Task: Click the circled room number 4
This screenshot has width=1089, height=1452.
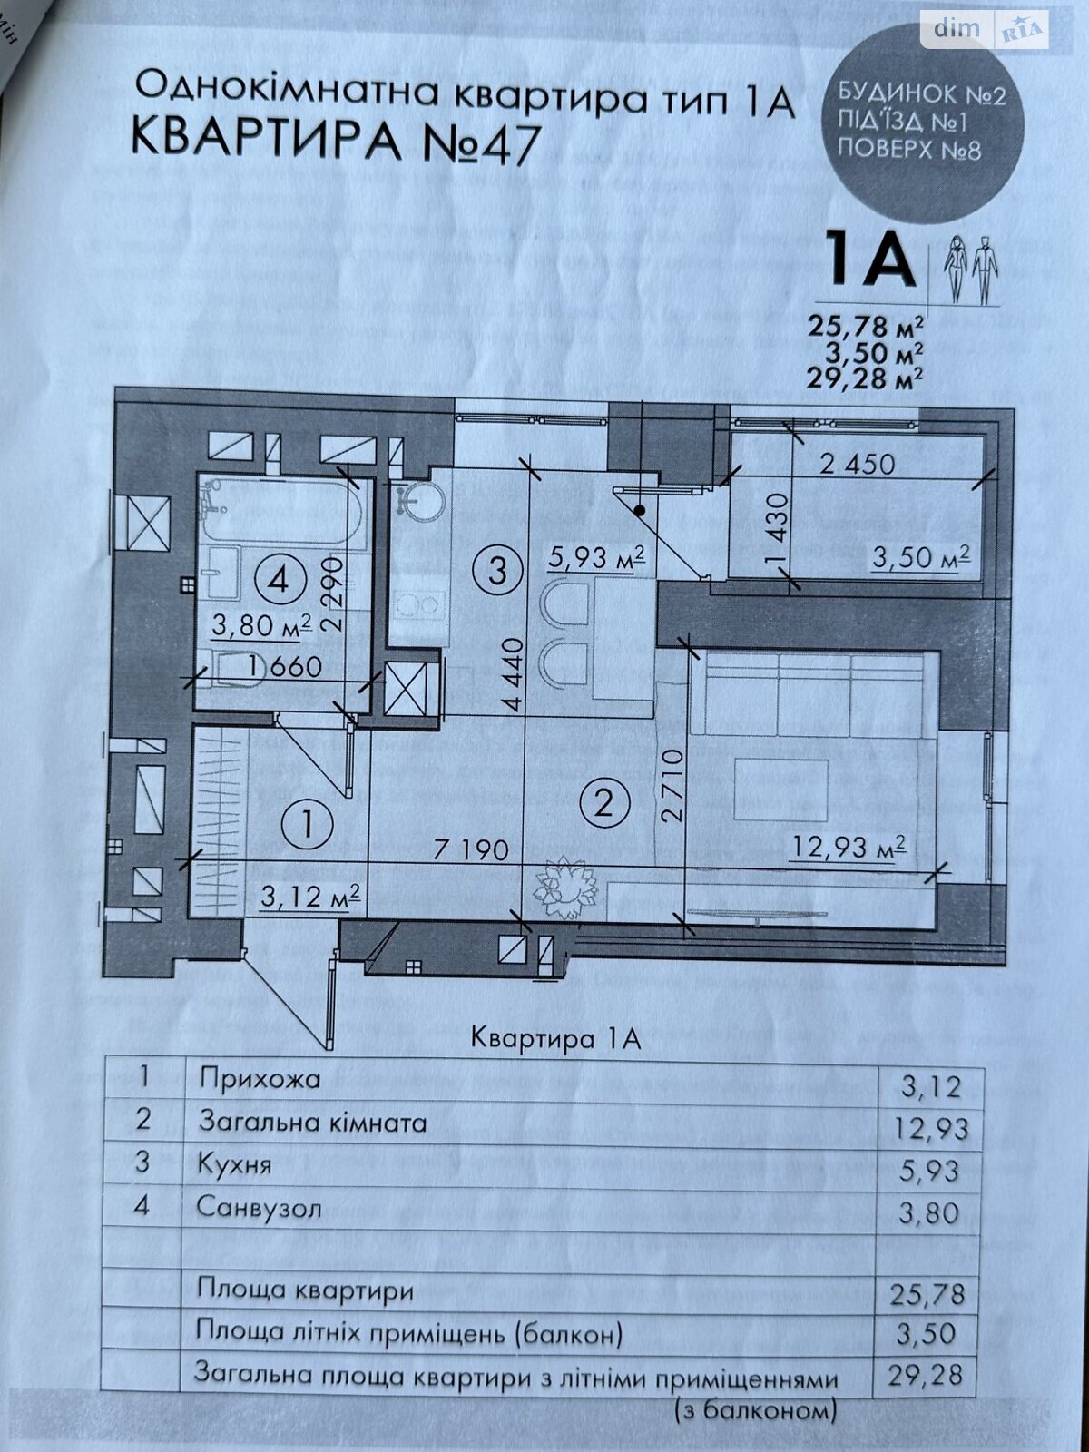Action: coord(278,580)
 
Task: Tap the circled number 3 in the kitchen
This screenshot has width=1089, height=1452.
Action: coord(497,572)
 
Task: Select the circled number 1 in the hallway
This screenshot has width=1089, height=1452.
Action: coord(307,824)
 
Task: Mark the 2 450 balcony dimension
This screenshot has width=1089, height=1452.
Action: coord(857,464)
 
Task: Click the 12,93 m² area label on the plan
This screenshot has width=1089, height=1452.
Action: coord(849,849)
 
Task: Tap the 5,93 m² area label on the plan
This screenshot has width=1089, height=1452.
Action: coord(596,555)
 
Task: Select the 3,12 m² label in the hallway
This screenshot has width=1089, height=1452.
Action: coord(311,897)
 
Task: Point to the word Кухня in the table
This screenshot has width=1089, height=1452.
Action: coord(234,1164)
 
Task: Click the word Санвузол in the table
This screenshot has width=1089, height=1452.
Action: coord(259,1208)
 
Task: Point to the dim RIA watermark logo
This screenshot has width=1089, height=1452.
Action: coord(985,30)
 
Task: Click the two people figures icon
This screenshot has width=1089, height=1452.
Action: coord(971,269)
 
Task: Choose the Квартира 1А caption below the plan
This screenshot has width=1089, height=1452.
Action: coord(556,1038)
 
